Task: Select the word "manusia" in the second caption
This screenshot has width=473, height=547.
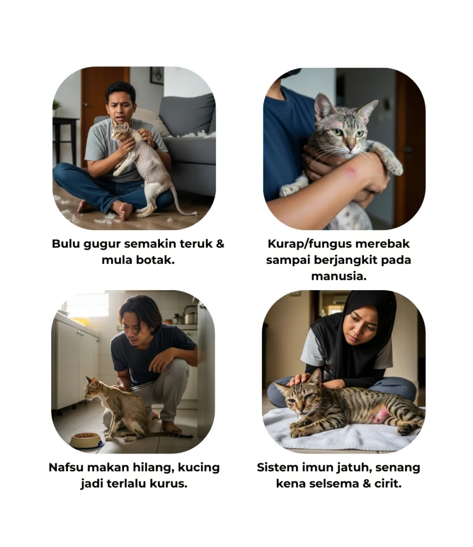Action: coord(338,276)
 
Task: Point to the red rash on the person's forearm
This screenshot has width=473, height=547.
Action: coord(350,171)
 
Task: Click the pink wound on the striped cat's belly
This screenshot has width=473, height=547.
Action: coord(380,415)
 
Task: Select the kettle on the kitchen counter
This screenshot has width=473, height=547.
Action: coord(190,316)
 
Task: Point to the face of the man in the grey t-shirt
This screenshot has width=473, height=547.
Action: coord(120,105)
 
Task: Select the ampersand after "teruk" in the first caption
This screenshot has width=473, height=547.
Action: coord(220,244)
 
